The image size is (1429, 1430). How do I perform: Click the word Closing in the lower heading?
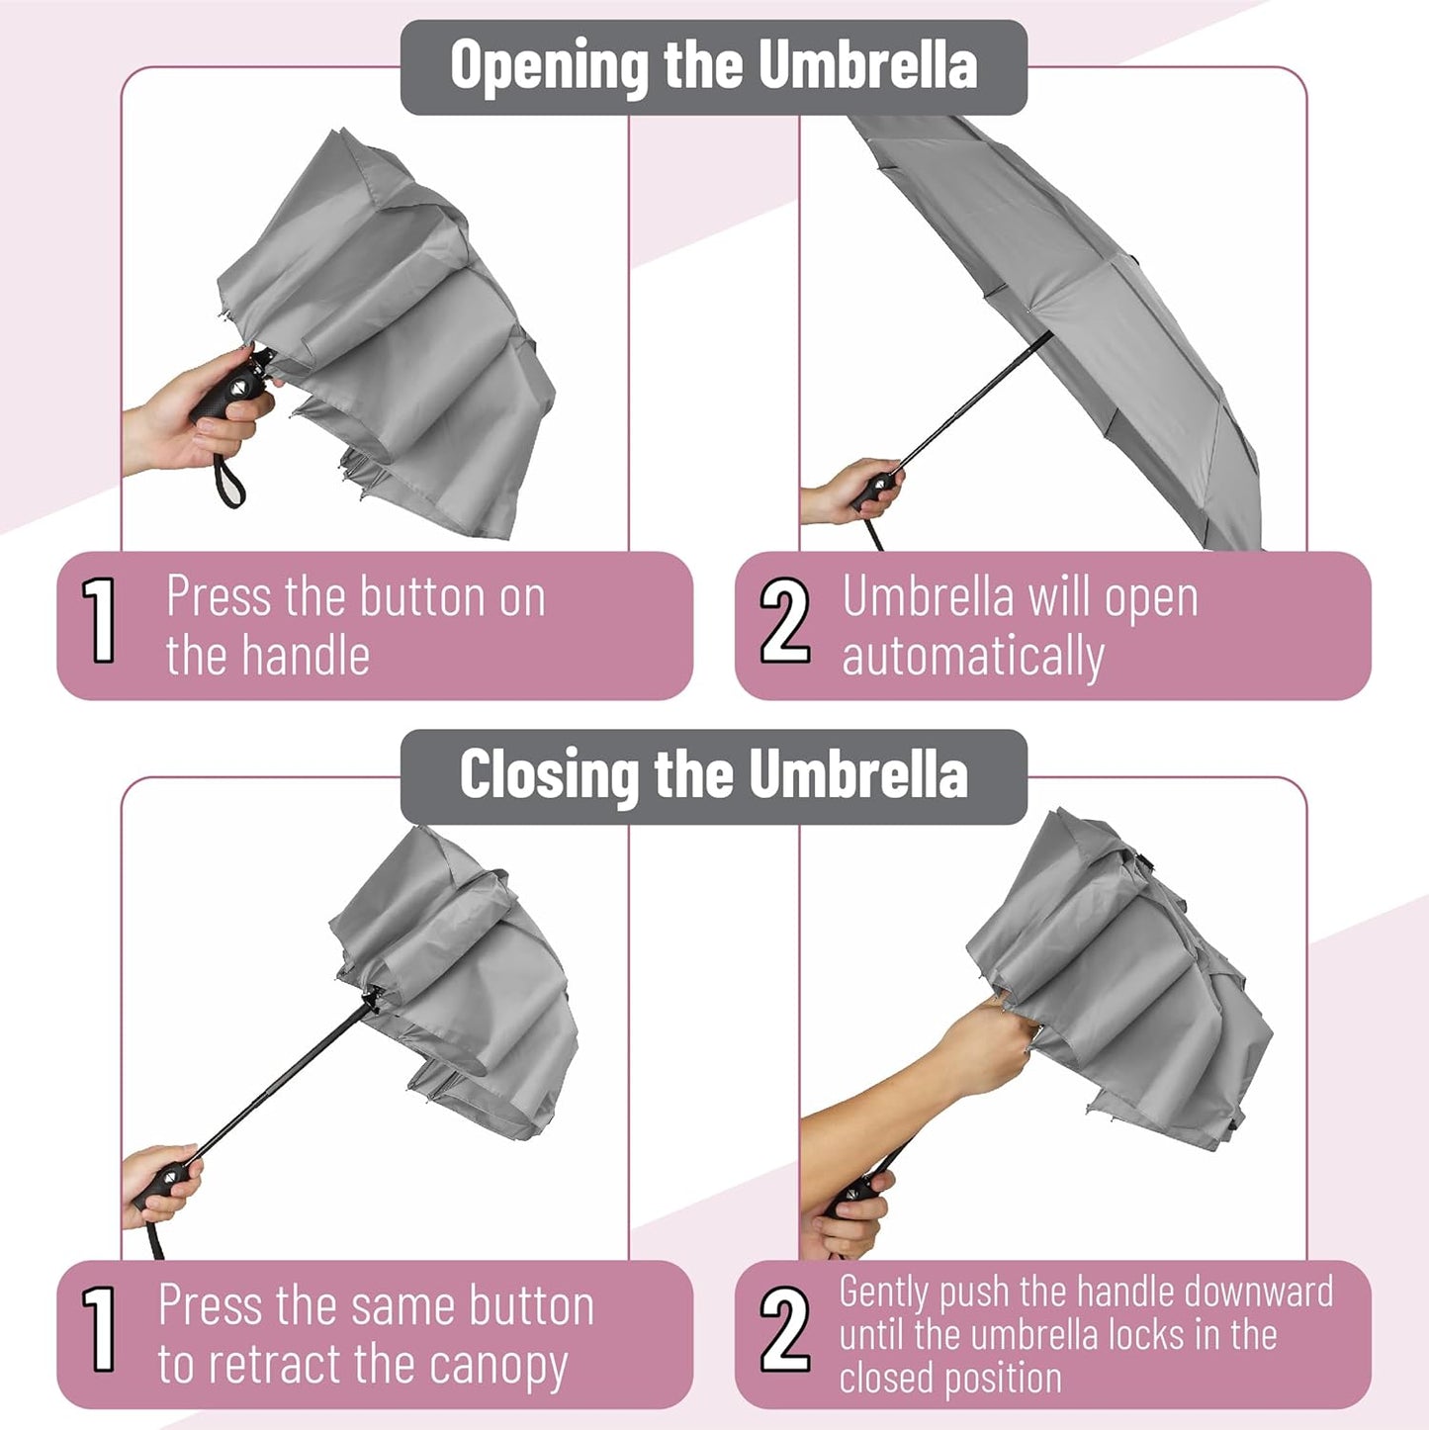coord(549,775)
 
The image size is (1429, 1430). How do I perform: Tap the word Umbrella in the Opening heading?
coord(868,64)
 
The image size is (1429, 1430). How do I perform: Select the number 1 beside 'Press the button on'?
coord(100,620)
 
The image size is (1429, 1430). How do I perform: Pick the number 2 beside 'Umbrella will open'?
coord(784,620)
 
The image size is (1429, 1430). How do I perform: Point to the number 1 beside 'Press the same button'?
coord(100,1328)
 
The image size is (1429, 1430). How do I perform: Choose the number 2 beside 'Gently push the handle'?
coord(784,1328)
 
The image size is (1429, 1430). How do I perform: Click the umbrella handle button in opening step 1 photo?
coord(237,388)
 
